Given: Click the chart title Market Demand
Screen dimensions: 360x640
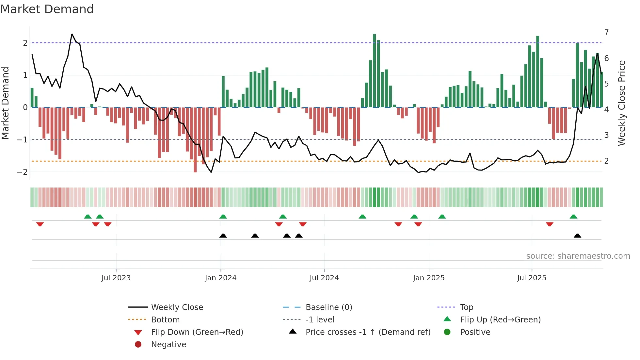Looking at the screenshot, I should [x=47, y=9].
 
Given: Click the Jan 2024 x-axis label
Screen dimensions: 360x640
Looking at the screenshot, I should [x=220, y=278].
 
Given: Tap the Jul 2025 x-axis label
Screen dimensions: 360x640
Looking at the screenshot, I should [x=532, y=278].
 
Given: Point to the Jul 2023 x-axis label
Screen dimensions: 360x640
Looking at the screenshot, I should [x=116, y=278].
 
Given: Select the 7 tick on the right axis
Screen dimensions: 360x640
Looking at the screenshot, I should [x=606, y=33].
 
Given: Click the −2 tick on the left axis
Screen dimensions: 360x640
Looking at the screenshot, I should [x=22, y=172].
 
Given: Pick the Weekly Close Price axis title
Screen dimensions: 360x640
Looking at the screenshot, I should [x=622, y=103].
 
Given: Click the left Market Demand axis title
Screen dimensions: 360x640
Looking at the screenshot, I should [x=6, y=103].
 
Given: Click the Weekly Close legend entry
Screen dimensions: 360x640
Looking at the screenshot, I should [x=177, y=307].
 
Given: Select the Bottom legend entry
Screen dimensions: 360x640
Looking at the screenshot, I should [x=165, y=320].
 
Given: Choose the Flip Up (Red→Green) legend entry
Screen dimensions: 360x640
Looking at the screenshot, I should [x=500, y=320].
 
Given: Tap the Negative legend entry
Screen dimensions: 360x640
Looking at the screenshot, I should [x=168, y=345].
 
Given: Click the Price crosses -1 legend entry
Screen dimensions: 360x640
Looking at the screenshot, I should [x=368, y=332].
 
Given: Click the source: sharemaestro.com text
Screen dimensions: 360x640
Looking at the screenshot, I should [x=578, y=256].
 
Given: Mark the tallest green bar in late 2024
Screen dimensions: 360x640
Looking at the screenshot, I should [x=375, y=70].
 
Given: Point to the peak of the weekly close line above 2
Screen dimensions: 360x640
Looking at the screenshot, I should [x=72, y=34].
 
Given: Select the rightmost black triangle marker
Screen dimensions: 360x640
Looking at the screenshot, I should [x=577, y=236].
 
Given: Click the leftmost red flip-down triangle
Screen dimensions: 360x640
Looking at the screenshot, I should [x=40, y=224].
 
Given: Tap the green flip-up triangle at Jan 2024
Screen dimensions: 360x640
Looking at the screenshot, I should [x=223, y=217].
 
